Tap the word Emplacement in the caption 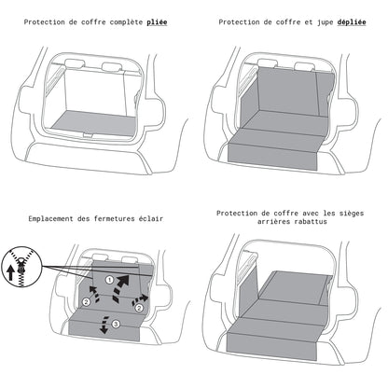[x=58, y=220]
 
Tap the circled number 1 [x=108, y=279]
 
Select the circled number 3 [x=116, y=324]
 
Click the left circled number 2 [x=87, y=302]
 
